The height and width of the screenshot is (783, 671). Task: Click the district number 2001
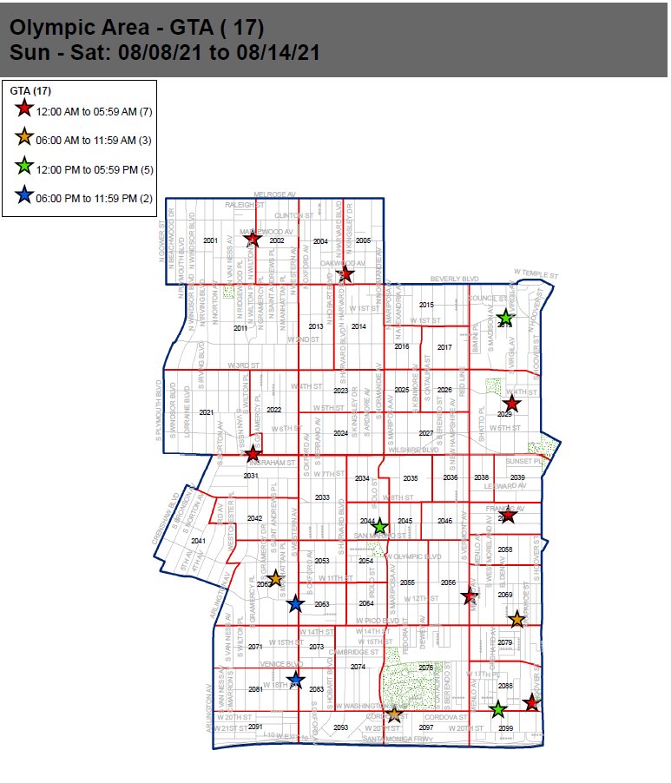click(210, 240)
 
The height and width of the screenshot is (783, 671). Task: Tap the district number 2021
click(206, 412)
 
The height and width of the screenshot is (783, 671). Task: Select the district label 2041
click(198, 541)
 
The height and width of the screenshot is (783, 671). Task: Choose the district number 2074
click(358, 667)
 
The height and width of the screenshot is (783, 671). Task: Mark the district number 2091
click(256, 727)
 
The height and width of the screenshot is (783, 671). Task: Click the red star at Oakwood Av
click(345, 275)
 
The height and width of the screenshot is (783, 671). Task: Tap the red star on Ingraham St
click(252, 453)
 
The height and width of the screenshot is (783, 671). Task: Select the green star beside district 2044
click(379, 526)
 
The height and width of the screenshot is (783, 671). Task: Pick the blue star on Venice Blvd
click(296, 680)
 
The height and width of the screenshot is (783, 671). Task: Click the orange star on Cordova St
click(394, 714)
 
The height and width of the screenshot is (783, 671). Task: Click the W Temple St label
click(533, 273)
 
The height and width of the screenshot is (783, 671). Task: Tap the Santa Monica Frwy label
click(398, 739)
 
